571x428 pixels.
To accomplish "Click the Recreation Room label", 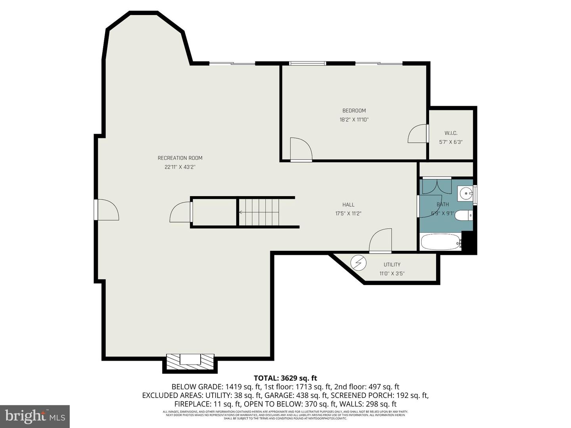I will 180,158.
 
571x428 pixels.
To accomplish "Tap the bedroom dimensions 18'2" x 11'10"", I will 354,119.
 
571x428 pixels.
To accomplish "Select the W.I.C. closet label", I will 451,133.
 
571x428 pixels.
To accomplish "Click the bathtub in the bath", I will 441,242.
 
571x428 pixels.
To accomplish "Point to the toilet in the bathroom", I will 463,216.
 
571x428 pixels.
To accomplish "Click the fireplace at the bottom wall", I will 190,361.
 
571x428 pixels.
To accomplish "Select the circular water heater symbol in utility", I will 358,263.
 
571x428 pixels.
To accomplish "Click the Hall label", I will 348,204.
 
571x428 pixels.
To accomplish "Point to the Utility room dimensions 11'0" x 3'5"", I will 392,273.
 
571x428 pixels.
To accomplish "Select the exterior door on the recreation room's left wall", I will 106,210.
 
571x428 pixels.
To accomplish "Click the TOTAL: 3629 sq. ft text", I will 285,378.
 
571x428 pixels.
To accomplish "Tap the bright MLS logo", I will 35,416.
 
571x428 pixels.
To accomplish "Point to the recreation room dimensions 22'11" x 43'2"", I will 180,167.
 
